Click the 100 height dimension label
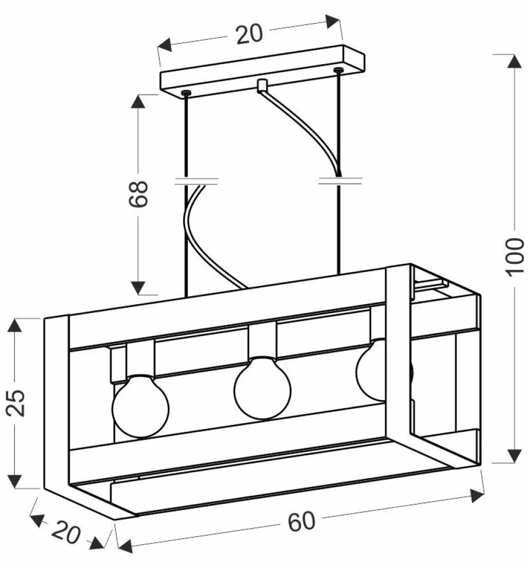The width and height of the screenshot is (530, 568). (515, 257)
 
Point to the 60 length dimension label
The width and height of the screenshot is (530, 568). (302, 521)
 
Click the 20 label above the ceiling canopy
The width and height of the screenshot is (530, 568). (249, 34)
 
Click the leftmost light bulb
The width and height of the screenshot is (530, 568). (140, 405)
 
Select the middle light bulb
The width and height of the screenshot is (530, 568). (262, 387)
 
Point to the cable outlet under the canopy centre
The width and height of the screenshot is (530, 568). (262, 86)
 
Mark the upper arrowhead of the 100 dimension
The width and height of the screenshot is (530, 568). (514, 61)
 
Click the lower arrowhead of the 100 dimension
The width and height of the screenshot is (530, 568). (514, 456)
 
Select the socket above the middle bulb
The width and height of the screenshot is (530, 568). (263, 340)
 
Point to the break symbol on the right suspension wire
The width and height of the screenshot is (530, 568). (340, 180)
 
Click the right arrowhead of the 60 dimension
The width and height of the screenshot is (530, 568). (477, 496)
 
